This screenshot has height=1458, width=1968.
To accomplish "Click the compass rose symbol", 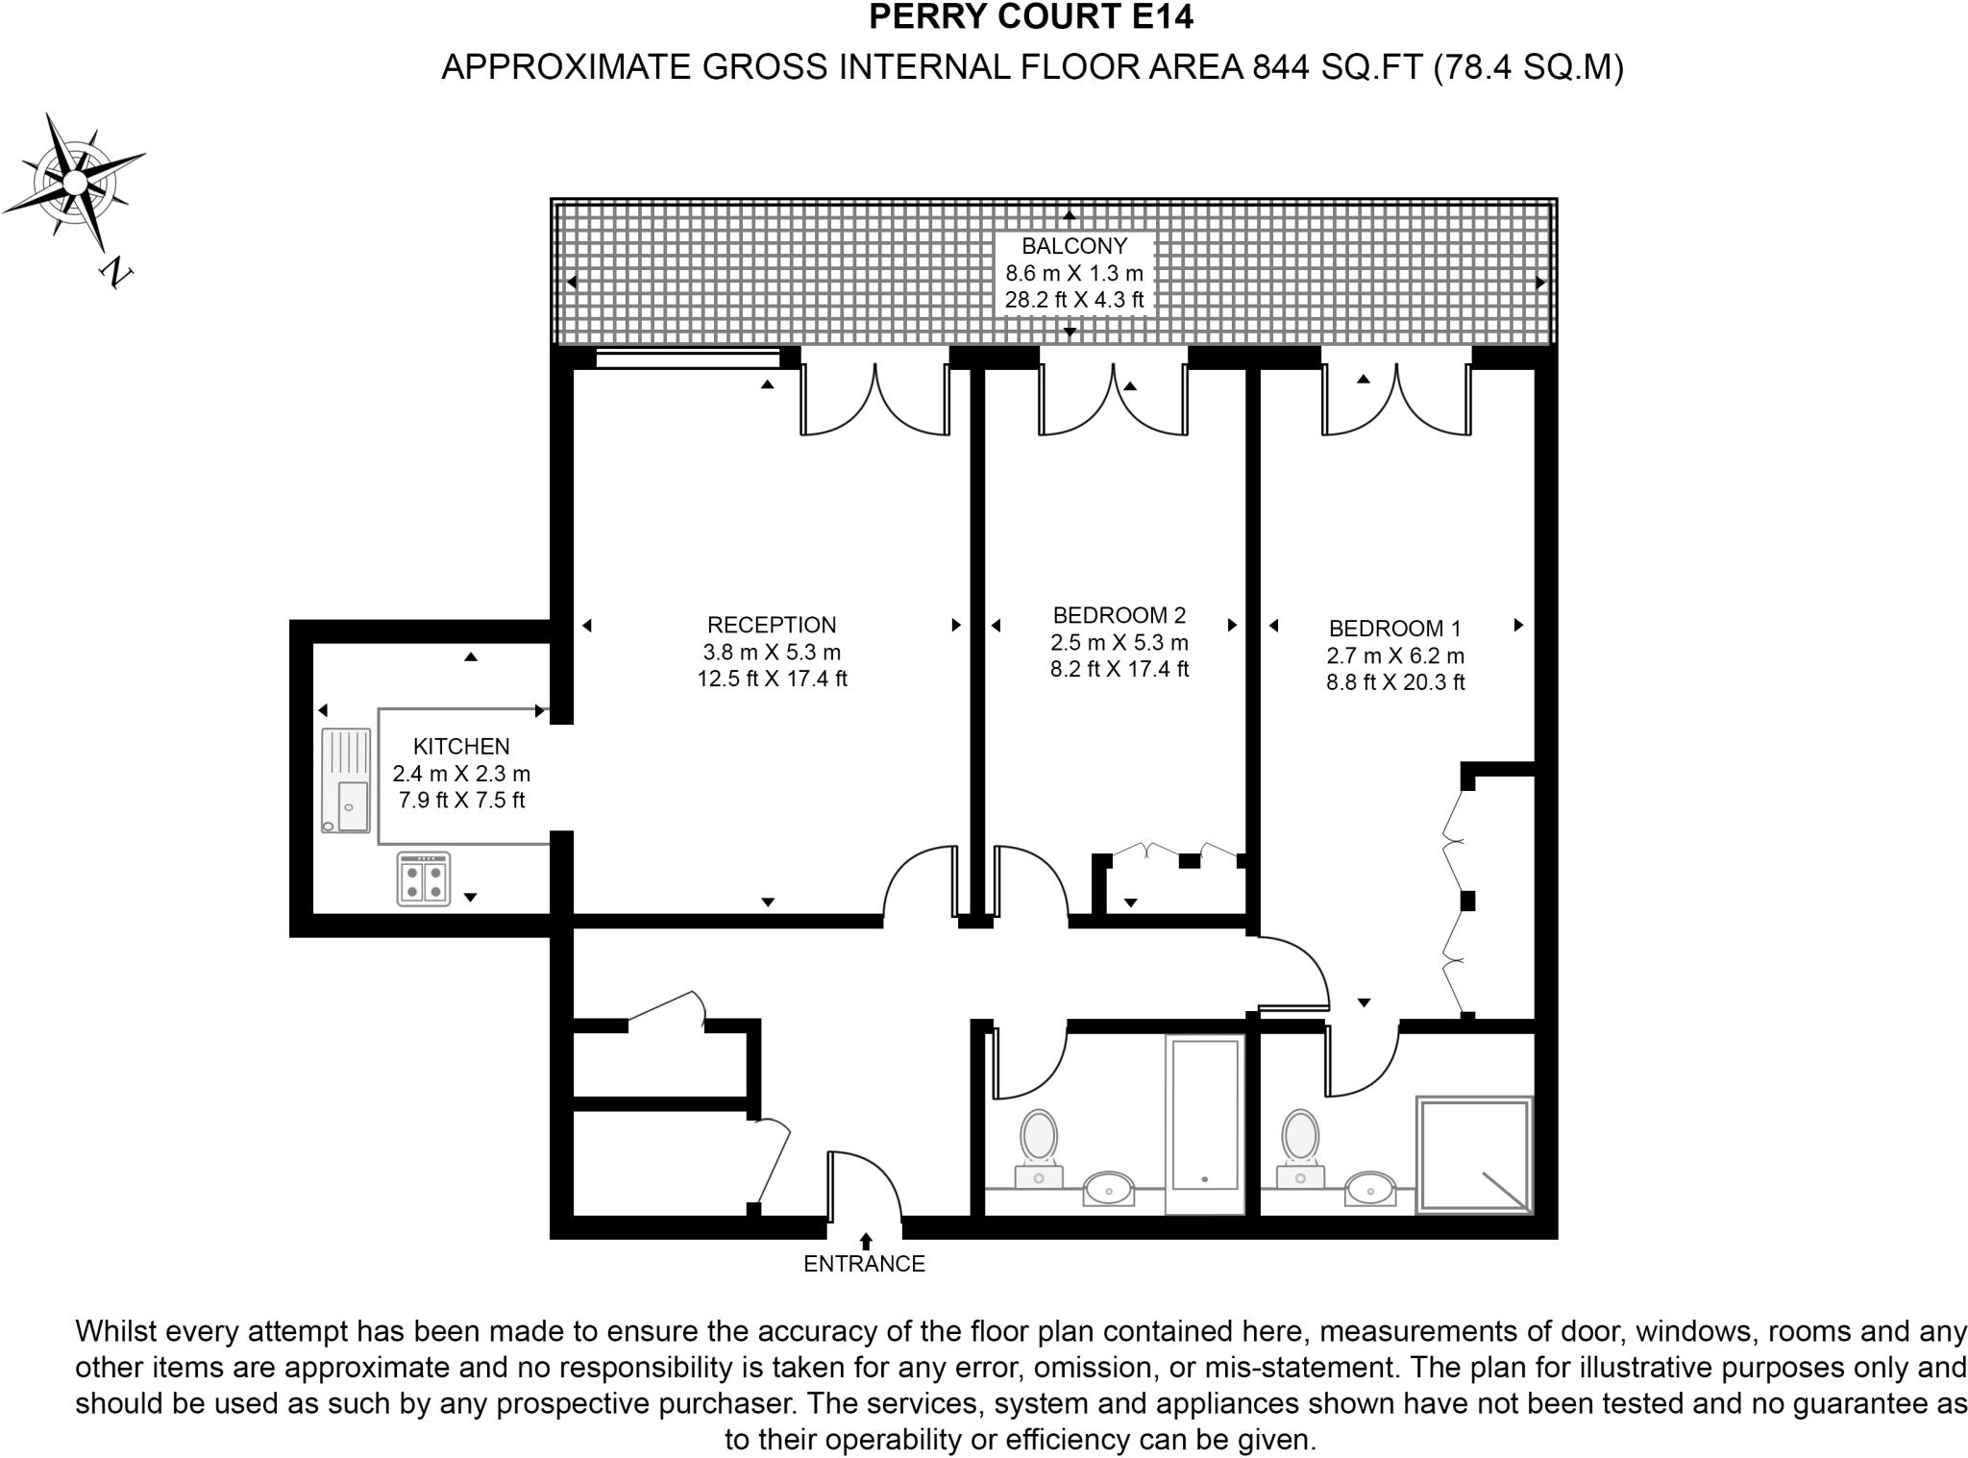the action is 74,182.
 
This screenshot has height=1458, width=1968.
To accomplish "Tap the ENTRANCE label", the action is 864,1264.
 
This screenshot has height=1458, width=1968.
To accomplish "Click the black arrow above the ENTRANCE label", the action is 866,1241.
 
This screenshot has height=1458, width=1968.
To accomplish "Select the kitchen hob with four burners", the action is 424,879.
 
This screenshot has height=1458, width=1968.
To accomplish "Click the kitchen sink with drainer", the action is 345,780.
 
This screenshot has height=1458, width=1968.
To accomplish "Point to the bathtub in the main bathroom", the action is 1205,1124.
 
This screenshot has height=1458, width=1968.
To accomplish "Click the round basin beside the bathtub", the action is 1109,1188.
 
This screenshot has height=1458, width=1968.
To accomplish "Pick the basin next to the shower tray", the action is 1370,1188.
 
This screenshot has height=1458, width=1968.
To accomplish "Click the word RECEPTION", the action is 772,625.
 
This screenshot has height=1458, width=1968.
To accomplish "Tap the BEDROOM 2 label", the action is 1119,615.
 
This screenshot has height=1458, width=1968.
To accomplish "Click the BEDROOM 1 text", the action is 1394,629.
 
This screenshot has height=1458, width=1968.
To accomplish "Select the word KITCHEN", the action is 461,746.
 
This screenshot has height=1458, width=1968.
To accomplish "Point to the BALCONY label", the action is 1074,246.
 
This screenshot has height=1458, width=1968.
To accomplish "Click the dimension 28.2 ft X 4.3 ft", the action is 1074,300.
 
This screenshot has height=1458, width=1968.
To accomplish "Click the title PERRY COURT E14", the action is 1031,17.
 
